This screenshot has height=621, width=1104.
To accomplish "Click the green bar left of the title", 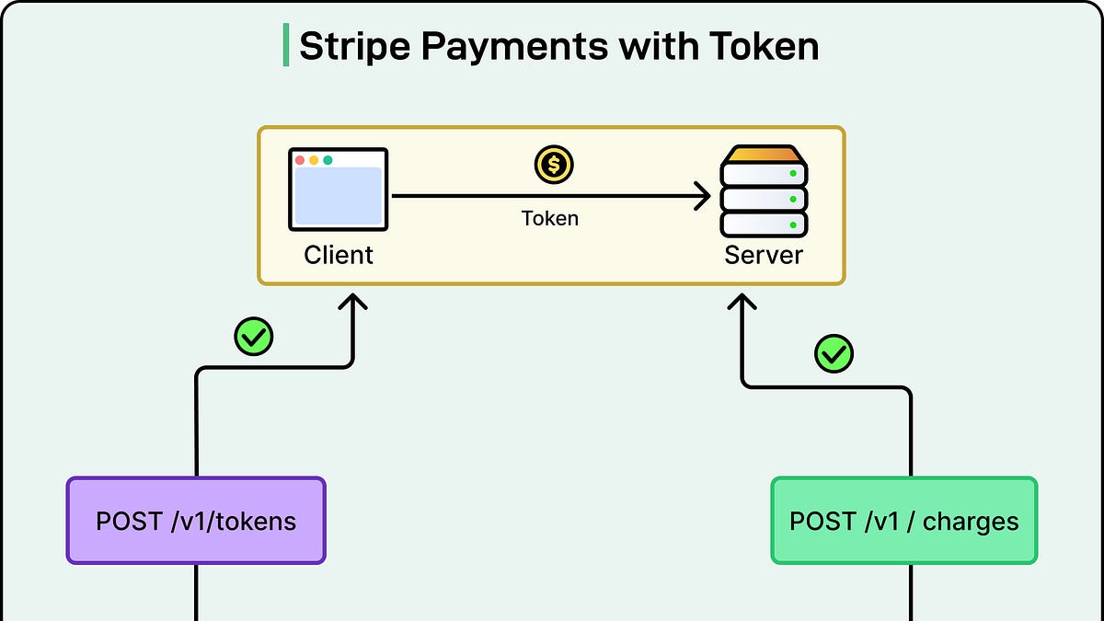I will click(x=285, y=46).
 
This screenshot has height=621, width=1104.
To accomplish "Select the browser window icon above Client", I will click(x=338, y=189).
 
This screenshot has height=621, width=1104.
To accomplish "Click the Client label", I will click(x=339, y=254).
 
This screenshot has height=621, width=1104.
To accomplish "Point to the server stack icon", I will click(x=764, y=191).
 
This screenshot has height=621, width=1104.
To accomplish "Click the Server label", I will click(x=764, y=254).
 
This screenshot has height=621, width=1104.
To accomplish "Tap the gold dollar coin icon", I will click(x=554, y=166).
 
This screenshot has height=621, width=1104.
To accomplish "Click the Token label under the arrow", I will click(x=550, y=218).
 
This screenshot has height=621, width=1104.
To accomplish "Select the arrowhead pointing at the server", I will click(x=704, y=196).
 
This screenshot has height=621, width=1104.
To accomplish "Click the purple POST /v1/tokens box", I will click(x=196, y=521).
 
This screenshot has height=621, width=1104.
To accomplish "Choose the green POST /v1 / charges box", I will click(x=903, y=521).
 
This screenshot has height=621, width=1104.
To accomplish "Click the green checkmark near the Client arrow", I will click(x=253, y=337).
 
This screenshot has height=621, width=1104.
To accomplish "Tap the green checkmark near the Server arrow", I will click(x=834, y=353).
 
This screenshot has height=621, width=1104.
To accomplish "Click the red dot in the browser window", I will click(x=300, y=160).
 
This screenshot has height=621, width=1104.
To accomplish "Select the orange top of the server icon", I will click(x=764, y=154).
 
